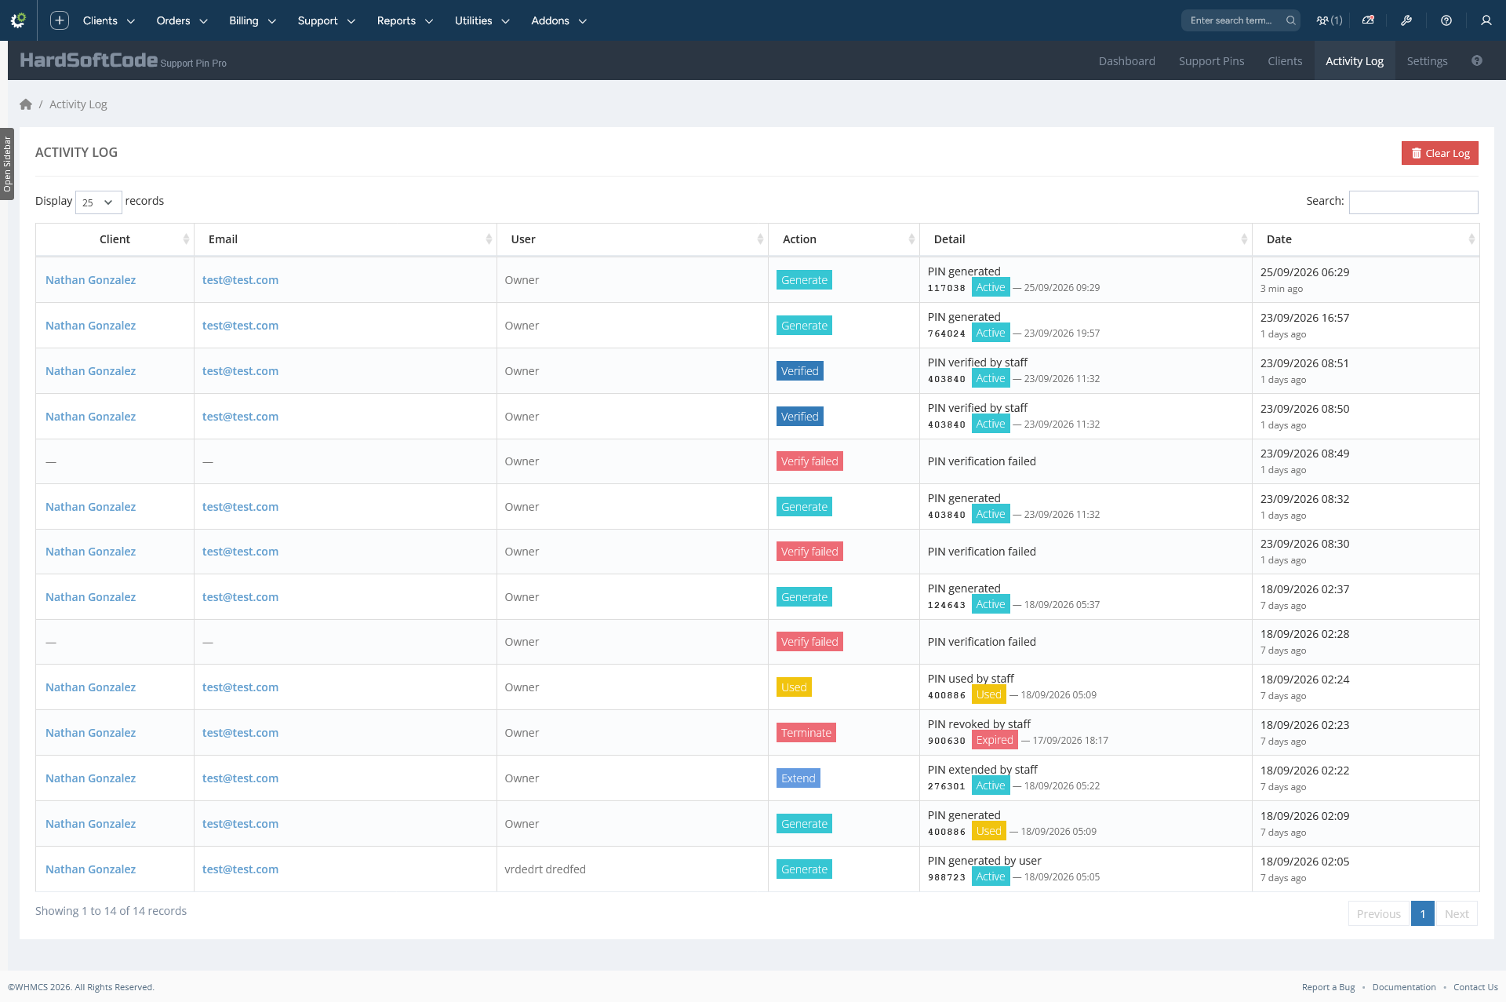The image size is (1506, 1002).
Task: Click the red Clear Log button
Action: (x=1439, y=153)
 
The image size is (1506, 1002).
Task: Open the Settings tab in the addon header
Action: (x=1427, y=61)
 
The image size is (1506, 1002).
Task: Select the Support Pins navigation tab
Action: (x=1211, y=61)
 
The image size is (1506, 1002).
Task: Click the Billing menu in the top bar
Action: (x=252, y=20)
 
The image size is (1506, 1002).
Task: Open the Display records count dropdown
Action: (x=98, y=202)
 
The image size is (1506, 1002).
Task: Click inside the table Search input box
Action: (x=1413, y=202)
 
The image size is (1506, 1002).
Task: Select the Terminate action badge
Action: (x=806, y=733)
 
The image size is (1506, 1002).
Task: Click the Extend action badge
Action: (x=798, y=778)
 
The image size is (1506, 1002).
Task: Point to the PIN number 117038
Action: (x=947, y=288)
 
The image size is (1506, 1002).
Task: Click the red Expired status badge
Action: (x=995, y=740)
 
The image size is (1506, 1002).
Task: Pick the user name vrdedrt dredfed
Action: (x=545, y=869)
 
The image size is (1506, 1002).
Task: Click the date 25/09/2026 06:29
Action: (x=1304, y=272)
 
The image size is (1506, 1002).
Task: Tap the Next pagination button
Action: (x=1457, y=913)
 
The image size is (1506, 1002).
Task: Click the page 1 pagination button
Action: (x=1422, y=913)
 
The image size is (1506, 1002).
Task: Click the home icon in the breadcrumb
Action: (x=26, y=104)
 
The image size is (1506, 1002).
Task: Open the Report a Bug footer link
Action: (x=1328, y=987)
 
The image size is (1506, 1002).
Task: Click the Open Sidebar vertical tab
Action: (x=7, y=164)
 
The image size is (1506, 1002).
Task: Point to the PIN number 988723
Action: (x=947, y=877)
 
